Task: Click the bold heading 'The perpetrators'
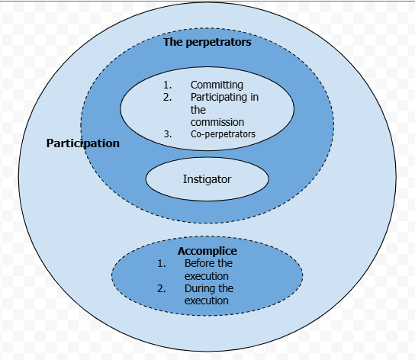pos(207,42)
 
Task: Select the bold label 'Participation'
pos(83,143)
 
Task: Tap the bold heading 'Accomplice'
pos(207,251)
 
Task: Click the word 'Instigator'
pos(207,179)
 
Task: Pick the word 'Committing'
pos(217,85)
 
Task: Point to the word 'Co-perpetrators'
pos(223,134)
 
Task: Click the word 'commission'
pos(217,122)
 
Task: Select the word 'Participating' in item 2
pos(219,98)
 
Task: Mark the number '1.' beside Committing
pos(168,85)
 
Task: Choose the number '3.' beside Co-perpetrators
pos(168,134)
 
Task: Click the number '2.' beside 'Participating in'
pos(168,97)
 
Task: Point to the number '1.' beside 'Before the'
pos(162,263)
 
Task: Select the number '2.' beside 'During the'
pos(162,288)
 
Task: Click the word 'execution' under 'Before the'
pos(207,276)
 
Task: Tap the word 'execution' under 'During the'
pos(207,301)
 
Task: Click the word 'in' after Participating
pos(254,97)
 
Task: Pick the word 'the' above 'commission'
pos(198,110)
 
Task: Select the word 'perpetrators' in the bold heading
pos(219,43)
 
